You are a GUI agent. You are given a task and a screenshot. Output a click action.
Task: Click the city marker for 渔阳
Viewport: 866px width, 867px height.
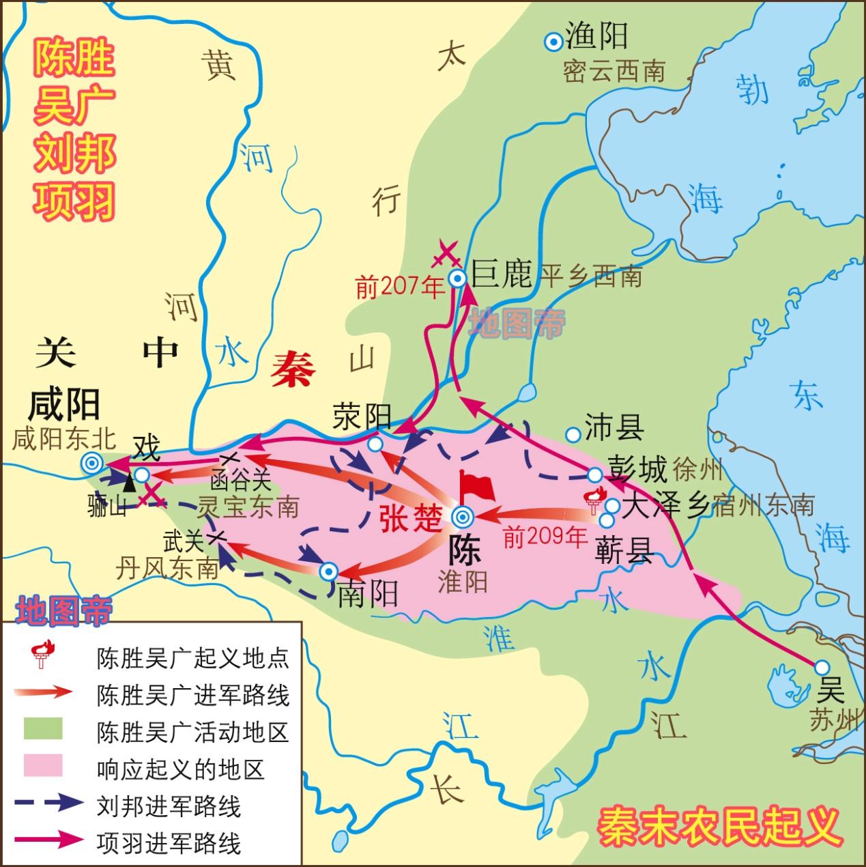tap(553, 42)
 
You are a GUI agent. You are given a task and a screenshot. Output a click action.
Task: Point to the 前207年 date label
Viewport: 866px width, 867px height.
tap(400, 287)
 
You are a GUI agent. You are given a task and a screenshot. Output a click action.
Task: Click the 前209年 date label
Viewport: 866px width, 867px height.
tap(545, 537)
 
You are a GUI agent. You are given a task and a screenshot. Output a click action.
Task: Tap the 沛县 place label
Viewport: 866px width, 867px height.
tap(614, 428)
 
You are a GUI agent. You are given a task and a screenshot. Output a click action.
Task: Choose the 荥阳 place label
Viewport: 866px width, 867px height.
tap(362, 416)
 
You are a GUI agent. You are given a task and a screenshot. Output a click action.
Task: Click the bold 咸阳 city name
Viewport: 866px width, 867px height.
tap(64, 404)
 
